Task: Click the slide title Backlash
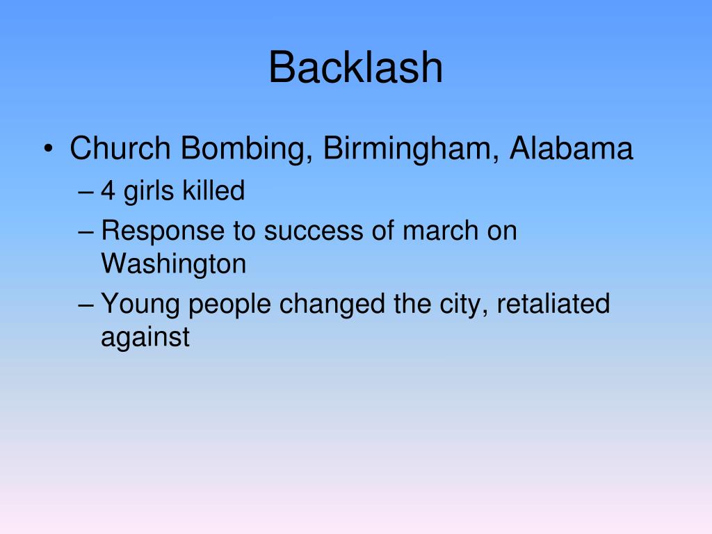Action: click(x=355, y=68)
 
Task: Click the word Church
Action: click(x=120, y=149)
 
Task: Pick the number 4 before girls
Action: click(x=108, y=191)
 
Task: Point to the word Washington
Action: click(x=173, y=264)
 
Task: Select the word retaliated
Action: click(x=552, y=303)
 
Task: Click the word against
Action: click(x=145, y=338)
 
